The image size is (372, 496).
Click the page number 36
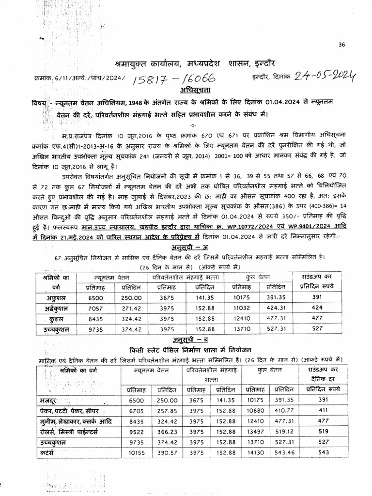coord(342,45)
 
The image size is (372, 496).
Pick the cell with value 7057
coord(97,308)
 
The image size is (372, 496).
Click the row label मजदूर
coord(50,401)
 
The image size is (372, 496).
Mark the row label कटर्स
coord(47,452)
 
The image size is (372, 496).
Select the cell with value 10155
coord(136,452)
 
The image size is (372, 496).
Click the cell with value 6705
coord(136,411)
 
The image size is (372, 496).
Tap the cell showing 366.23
coord(166,432)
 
